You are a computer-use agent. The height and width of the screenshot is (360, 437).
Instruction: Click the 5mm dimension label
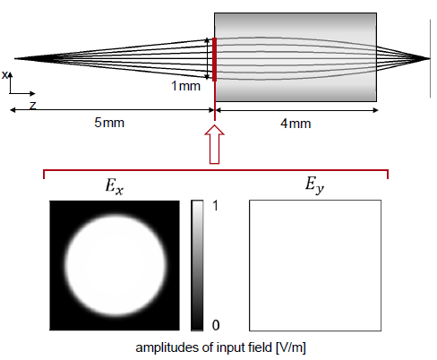pos(109,123)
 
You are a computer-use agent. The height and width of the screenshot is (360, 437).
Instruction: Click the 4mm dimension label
pos(296,124)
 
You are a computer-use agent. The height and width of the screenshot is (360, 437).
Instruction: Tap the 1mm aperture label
pos(185,86)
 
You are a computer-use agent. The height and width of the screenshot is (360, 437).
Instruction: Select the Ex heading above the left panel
pos(115,186)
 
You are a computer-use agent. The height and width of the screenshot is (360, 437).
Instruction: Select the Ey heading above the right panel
pos(314,184)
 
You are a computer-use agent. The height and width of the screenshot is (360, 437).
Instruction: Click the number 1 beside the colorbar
pos(216,206)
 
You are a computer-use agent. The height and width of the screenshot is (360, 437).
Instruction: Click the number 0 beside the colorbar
pos(216,325)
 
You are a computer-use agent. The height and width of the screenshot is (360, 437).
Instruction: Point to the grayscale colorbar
pos(197,265)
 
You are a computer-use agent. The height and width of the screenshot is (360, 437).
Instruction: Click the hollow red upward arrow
pos(214,144)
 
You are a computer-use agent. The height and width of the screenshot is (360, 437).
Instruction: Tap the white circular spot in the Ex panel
pos(116,265)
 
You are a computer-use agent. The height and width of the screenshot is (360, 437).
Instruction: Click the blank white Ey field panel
pos(315,265)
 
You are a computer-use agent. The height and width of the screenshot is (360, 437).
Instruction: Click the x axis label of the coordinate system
pos(4,74)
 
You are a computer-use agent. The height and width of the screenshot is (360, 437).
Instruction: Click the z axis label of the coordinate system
pos(32,105)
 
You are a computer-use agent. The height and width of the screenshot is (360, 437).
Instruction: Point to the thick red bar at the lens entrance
pos(214,59)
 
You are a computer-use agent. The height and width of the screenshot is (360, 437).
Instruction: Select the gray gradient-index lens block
pos(296,57)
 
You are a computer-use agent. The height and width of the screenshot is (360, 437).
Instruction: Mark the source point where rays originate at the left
pos(15,58)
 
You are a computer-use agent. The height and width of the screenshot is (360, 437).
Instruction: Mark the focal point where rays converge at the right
pos(429,58)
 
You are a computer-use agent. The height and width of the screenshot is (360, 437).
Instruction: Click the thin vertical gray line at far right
pos(430,58)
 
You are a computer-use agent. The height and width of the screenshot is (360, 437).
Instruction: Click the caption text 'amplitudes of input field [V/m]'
pos(220,347)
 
